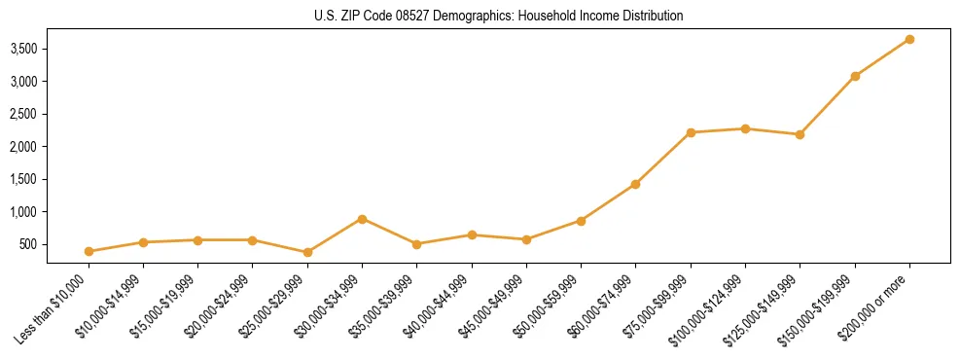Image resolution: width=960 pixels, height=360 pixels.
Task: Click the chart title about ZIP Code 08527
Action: (x=499, y=16)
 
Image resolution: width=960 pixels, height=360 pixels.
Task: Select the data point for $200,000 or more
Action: (x=909, y=39)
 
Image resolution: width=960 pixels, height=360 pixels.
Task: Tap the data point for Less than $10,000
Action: (x=89, y=251)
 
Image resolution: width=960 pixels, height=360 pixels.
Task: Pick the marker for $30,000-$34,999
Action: (x=362, y=219)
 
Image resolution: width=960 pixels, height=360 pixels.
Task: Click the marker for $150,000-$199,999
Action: (x=855, y=76)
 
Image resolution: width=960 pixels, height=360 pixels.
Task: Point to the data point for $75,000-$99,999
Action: (x=691, y=132)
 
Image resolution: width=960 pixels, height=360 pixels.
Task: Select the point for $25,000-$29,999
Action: (x=307, y=252)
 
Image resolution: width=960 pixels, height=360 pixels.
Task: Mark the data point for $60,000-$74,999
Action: (x=635, y=184)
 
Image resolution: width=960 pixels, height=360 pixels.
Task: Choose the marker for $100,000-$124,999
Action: (x=745, y=128)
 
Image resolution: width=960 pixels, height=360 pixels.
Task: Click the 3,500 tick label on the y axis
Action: (x=28, y=49)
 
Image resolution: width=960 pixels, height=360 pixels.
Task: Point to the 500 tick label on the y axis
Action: (x=36, y=244)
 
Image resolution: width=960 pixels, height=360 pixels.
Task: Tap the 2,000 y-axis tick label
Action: (x=28, y=147)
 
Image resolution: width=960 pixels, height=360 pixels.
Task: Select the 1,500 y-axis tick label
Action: (x=28, y=179)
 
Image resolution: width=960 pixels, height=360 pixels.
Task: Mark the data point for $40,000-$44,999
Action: (x=472, y=234)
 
